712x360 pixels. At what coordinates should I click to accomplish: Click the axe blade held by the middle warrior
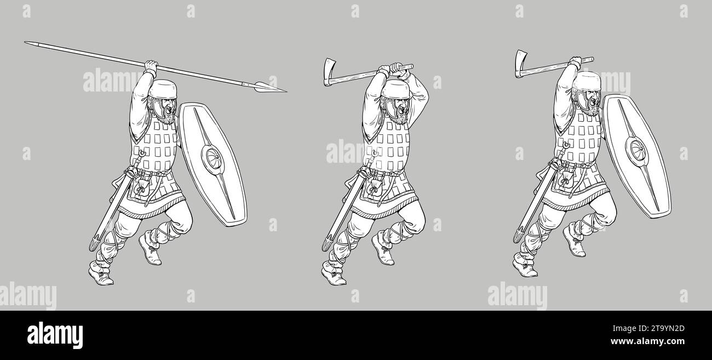[x=329, y=72]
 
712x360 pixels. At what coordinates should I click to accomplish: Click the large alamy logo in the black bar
[x=55, y=335]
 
